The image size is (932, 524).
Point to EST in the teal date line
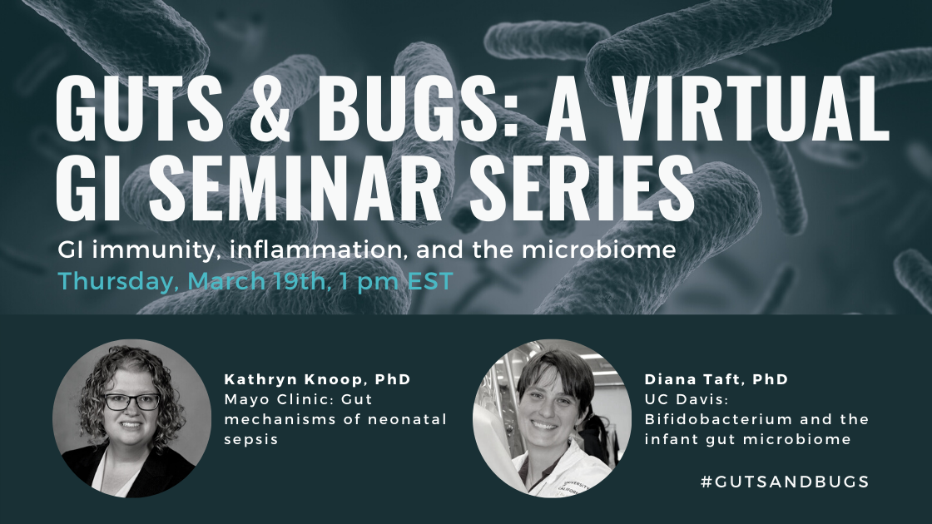(428, 281)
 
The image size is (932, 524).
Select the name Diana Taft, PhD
(716, 379)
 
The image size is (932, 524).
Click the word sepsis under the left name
(250, 439)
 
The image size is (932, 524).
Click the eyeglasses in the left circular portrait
(132, 402)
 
